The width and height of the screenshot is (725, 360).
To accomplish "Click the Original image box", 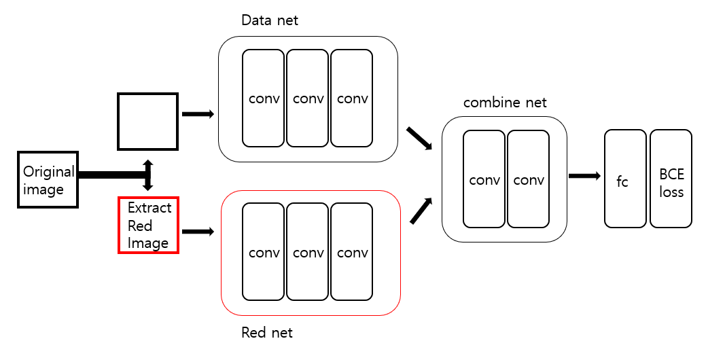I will pos(48,180).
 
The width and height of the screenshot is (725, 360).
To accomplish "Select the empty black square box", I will pos(147,121).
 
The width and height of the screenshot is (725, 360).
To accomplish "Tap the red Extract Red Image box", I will pos(148,226).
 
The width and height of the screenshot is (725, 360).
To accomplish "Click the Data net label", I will pos(270,20).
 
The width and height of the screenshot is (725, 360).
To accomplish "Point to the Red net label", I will pos(267,333).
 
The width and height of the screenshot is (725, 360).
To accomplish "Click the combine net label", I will pos(504,103).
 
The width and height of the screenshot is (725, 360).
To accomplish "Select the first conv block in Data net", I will pos(264,98).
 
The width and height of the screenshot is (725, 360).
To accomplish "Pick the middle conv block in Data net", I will pos(308,98).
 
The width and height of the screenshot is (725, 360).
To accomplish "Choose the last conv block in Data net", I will pos(352,98).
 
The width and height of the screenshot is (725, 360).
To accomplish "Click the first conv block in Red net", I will pos(264,252).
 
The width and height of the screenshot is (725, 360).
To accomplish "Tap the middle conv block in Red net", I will pos(308,252).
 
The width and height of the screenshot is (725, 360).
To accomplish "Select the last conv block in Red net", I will pos(352,252).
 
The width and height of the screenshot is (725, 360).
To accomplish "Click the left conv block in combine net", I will pos(484,179).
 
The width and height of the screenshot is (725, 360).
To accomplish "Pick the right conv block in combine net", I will pos(529,179).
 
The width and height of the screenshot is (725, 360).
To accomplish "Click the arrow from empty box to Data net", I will pos(198,114).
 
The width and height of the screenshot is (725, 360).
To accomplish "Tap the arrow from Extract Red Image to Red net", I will pos(198,232).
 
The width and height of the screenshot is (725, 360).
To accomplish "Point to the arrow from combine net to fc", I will pos(584,176).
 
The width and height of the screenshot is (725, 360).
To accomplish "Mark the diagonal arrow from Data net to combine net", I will pos(419,138).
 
